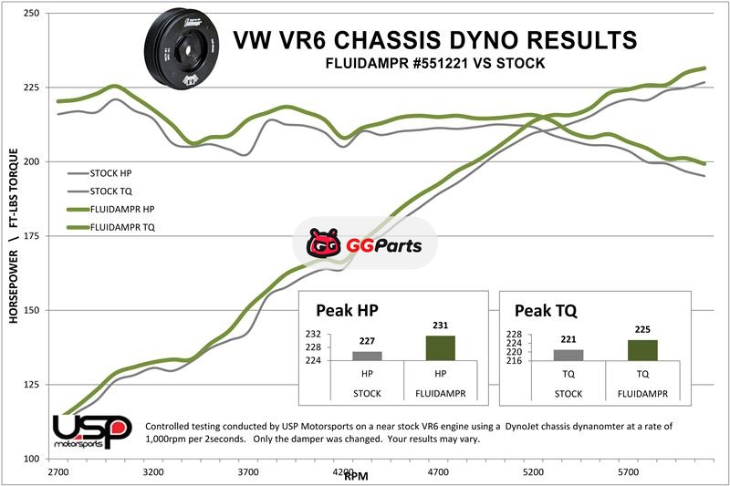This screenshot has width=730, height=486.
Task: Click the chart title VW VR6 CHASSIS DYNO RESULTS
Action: click(x=435, y=40)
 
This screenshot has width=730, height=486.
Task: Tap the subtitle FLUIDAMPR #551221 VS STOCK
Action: click(x=435, y=65)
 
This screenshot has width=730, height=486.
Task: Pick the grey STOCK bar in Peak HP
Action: click(x=367, y=357)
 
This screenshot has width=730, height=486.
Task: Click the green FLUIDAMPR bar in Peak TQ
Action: click(x=642, y=352)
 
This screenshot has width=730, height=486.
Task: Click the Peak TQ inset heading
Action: click(x=546, y=311)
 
